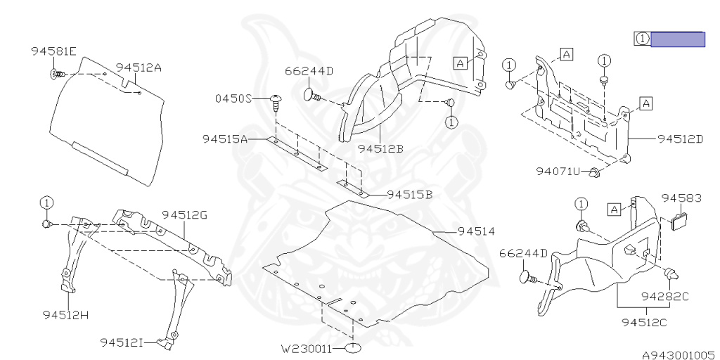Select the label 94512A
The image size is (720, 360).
click(139, 67)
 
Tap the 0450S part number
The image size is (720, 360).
click(233, 99)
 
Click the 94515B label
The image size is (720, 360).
click(409, 195)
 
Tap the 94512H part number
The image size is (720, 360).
click(65, 314)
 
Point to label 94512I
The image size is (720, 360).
click(122, 342)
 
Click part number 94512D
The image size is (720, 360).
click(681, 139)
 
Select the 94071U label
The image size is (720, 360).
click(558, 171)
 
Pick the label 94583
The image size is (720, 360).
click(681, 199)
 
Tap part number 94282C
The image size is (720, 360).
click(664, 296)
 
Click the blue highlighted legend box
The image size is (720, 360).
click(677, 39)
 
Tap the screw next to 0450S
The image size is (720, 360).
click(275, 101)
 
